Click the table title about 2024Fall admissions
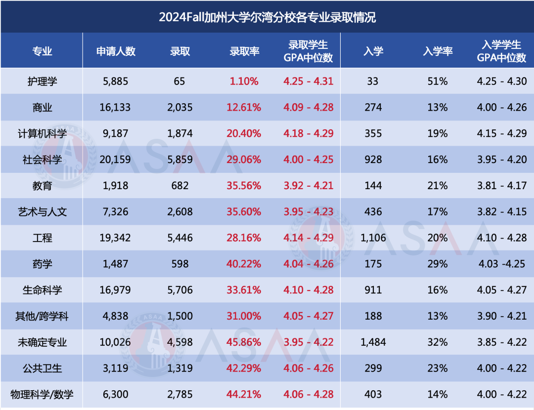click(267, 17)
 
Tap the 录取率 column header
click(244, 51)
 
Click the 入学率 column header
click(438, 51)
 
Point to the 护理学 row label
click(42, 81)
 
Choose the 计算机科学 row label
click(42, 133)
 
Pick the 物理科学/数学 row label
click(42, 394)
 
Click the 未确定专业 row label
click(42, 342)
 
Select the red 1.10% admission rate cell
click(244, 81)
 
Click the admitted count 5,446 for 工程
click(180, 238)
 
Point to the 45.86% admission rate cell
click(244, 342)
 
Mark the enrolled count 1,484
click(373, 342)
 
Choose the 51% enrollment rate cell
click(438, 81)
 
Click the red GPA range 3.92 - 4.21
click(309, 186)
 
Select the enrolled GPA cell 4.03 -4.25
click(502, 264)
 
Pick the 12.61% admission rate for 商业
click(244, 107)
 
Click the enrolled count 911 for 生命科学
click(373, 290)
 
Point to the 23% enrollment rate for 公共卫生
click(438, 368)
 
